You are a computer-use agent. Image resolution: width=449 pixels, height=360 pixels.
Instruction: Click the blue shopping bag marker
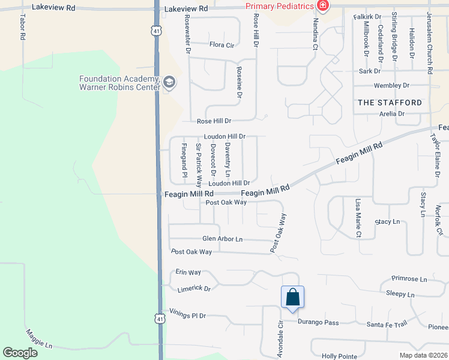292,297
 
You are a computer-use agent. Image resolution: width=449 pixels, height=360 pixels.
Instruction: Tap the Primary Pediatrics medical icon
324,6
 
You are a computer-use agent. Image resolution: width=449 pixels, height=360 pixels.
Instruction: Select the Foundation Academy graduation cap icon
169,82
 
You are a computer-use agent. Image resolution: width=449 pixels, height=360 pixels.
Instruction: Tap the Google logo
20,353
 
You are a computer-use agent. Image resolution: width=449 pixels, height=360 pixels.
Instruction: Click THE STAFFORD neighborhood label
390,103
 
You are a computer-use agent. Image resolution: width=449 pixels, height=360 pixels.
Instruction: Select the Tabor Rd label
22,27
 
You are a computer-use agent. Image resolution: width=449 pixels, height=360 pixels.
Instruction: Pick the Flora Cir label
221,44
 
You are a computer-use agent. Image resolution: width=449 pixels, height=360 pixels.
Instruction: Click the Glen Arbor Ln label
222,239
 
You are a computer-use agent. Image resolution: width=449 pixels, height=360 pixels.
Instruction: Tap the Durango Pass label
319,322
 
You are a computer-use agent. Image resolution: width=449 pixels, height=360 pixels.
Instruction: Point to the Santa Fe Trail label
387,324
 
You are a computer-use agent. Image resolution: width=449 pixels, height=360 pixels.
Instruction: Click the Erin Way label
188,272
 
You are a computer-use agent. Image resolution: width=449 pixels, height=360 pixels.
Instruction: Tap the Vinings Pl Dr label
188,315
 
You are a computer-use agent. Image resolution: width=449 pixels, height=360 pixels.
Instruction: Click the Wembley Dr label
391,86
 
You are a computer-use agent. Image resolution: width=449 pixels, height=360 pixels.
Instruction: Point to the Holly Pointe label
340,356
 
